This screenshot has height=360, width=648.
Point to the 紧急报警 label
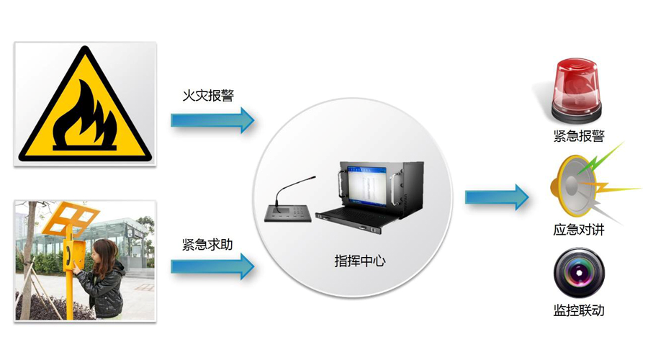point(578,137)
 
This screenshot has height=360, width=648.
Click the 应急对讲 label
point(578,230)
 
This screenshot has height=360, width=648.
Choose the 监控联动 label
point(578,311)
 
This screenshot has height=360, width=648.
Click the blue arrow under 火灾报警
point(213,120)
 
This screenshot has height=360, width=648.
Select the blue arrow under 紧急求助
point(213,266)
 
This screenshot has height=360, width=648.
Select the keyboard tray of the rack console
point(353,214)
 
